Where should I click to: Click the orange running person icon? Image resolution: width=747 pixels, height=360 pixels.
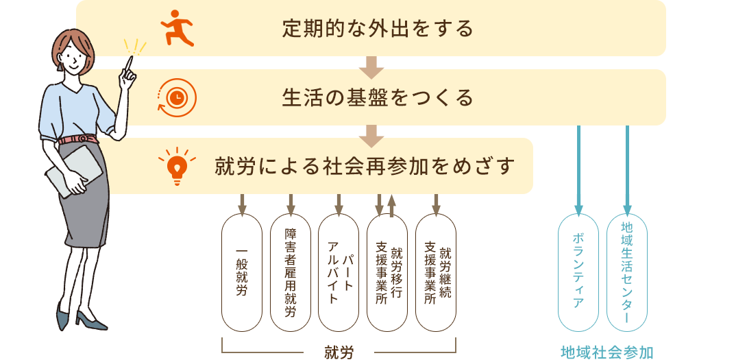click(x=177, y=27)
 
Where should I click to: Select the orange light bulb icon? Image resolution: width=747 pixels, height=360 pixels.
click(x=177, y=166)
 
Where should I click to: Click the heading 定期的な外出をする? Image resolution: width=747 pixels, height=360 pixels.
click(x=378, y=29)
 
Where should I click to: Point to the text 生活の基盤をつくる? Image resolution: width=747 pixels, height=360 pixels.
click(x=378, y=98)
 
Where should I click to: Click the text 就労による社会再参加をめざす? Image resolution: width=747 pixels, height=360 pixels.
click(x=365, y=167)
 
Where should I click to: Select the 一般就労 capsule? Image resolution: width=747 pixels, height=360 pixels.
click(x=242, y=272)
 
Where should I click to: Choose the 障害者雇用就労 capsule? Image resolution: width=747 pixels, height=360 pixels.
click(x=291, y=272)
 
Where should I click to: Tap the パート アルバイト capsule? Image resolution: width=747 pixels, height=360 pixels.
click(x=339, y=272)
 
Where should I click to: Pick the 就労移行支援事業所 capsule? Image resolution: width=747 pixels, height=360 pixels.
click(x=387, y=272)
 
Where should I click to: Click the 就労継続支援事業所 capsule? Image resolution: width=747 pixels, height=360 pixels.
click(x=436, y=272)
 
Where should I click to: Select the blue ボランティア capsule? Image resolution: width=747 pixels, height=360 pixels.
click(x=578, y=272)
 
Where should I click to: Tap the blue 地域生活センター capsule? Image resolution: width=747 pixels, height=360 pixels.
click(x=627, y=272)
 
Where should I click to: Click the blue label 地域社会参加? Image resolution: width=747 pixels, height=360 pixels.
click(x=607, y=352)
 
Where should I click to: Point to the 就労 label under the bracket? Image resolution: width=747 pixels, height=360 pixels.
click(x=339, y=352)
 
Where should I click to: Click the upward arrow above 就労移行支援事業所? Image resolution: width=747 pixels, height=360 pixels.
click(x=391, y=206)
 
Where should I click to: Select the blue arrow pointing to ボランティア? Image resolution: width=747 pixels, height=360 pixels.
click(x=578, y=170)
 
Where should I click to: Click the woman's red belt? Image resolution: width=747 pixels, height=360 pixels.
click(x=79, y=139)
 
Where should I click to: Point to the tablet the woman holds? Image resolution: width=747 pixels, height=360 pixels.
click(x=73, y=171)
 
